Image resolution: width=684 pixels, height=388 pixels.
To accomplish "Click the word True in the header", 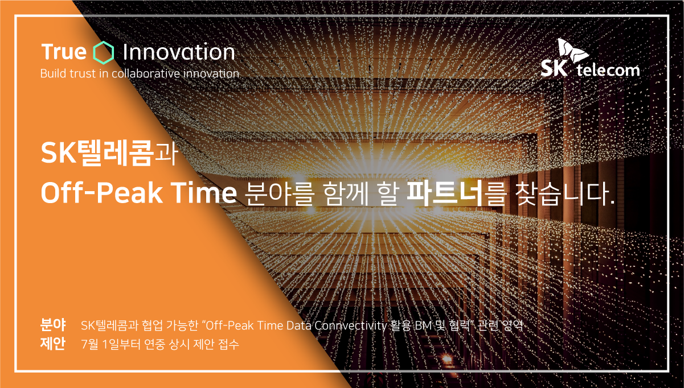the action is pos(64,52).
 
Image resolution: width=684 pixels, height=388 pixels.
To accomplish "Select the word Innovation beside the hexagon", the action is pos(179,52).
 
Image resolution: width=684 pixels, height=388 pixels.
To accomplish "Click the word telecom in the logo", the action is pos(608,70).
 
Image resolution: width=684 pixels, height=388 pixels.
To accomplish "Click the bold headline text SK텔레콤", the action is pos(97,153).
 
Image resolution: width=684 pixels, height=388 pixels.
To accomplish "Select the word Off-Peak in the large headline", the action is pos(102,193).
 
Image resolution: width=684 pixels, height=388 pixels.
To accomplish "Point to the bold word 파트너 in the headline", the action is pos(445,193).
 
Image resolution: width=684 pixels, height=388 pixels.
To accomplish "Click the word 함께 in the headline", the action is pos(345,193).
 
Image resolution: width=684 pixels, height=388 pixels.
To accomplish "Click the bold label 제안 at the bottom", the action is pos(53,344).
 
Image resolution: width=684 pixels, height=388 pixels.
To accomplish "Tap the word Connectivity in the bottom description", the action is pos(351,326).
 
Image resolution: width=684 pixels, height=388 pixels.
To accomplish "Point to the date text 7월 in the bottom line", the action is pos(90,344).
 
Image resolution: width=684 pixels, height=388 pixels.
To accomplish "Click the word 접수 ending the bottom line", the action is pos(229,344).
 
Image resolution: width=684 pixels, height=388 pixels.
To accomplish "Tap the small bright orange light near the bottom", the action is pos(447,359).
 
